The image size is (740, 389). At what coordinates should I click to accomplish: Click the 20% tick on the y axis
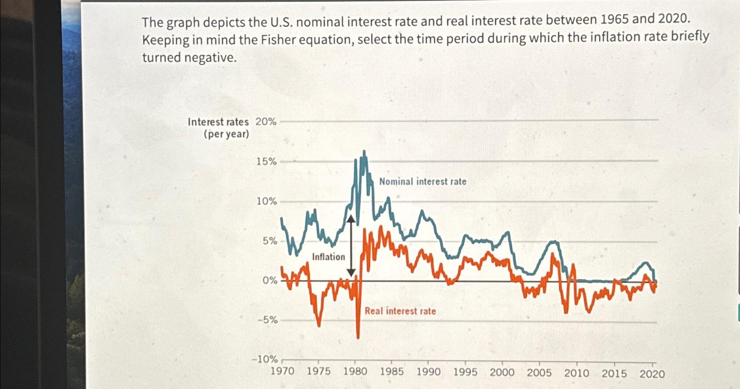[x=266, y=122]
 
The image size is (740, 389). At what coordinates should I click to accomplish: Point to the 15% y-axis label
[x=267, y=162]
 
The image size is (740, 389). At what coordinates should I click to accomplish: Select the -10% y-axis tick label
[x=264, y=359]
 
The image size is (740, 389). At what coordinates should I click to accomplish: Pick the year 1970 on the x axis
[x=282, y=371]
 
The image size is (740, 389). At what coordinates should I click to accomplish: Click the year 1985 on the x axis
[x=392, y=371]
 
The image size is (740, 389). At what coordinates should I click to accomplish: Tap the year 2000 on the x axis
[x=502, y=372]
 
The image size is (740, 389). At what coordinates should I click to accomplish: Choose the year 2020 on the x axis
[x=652, y=374]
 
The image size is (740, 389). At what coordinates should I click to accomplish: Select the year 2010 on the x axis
[x=577, y=373]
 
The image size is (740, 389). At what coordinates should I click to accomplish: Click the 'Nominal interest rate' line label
[x=422, y=181]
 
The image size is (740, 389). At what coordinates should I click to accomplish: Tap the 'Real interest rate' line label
[x=400, y=311]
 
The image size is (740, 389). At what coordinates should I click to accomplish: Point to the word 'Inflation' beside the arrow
[x=328, y=257]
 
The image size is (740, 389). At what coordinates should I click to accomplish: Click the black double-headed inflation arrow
[x=350, y=246]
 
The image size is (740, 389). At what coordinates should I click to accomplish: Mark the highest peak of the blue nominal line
[x=364, y=152]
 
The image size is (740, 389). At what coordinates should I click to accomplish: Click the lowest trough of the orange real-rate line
[x=358, y=337]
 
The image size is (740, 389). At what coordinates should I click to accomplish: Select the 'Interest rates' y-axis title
[x=218, y=122]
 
